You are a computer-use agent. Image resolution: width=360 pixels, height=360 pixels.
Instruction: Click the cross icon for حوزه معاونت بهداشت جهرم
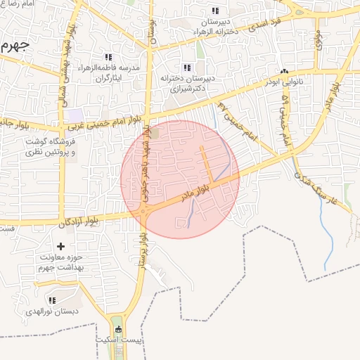(60, 246)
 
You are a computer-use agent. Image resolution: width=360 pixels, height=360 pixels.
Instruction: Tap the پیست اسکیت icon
(117, 329)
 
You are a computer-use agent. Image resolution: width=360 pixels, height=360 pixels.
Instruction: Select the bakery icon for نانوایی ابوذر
(285, 72)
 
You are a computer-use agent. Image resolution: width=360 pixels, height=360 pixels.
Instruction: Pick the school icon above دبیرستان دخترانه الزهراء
(214, 11)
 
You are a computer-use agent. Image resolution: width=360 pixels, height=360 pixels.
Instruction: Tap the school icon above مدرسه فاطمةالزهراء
(108, 57)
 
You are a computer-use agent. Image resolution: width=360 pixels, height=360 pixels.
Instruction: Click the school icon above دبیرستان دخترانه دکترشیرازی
(186, 67)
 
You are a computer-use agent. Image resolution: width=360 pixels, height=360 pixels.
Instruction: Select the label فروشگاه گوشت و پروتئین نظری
(45, 146)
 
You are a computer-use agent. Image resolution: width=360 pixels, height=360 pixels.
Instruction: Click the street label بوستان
(150, 28)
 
